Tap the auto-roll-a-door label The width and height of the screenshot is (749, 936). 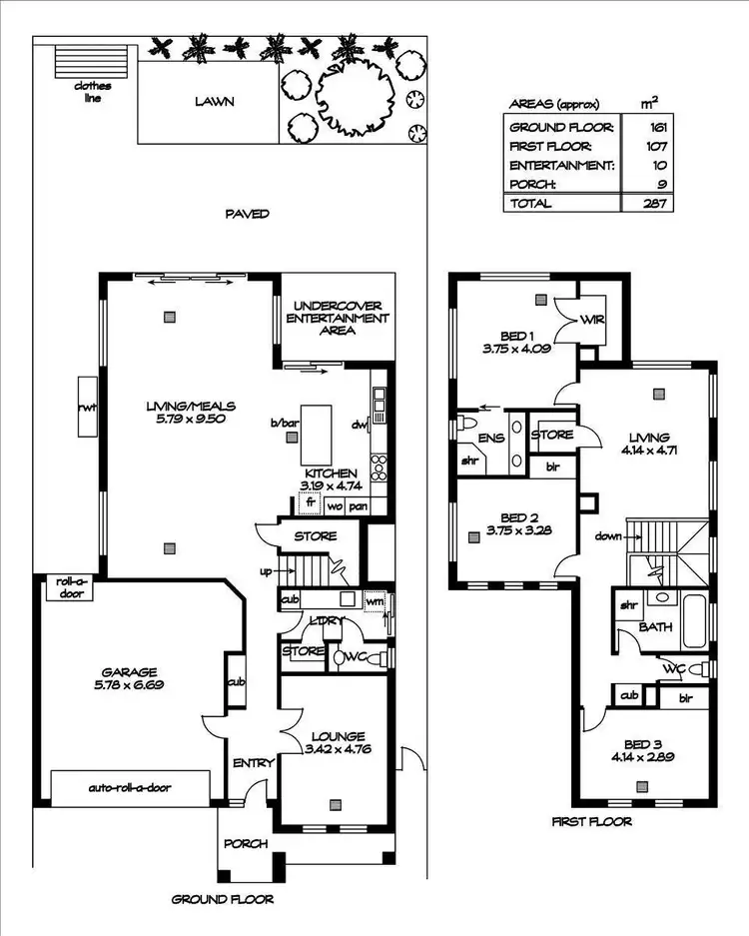click(x=130, y=787)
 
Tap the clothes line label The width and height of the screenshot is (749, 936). click(x=93, y=92)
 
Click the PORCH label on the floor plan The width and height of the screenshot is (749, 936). click(x=246, y=843)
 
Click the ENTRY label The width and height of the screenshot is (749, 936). click(x=253, y=763)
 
